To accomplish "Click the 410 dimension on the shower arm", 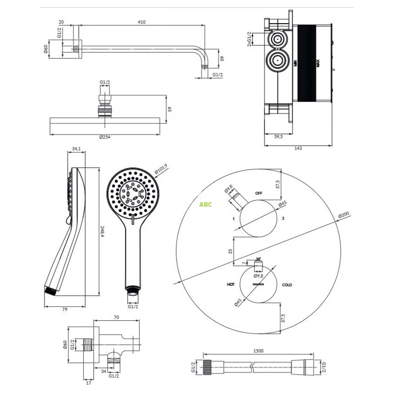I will (x=141, y=22).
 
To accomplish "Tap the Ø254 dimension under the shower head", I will (x=105, y=137).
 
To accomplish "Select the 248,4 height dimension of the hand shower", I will (x=102, y=232).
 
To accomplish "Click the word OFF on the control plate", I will (x=259, y=193).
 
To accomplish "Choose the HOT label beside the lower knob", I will (x=231, y=285).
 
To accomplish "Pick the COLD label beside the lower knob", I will (x=287, y=285).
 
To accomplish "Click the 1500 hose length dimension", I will (x=258, y=351).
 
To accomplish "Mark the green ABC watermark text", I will (x=206, y=205).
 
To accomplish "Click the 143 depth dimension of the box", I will (x=298, y=148).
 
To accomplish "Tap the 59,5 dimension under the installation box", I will (x=278, y=137).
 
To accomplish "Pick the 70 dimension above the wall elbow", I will (x=116, y=317).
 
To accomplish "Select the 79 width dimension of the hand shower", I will (x=65, y=309).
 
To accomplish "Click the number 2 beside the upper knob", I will (x=283, y=218).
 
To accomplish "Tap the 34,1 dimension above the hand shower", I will (x=76, y=149).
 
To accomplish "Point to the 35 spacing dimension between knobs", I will (x=230, y=251).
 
